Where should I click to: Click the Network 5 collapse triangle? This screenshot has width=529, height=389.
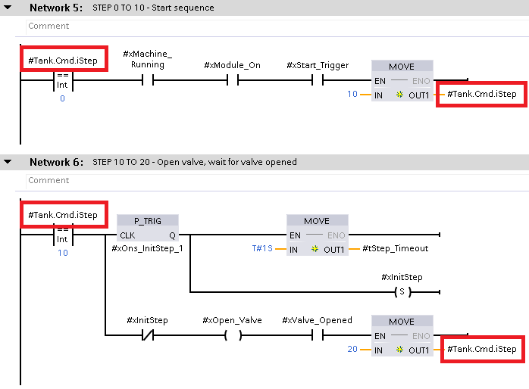pyautogui.click(x=8, y=8)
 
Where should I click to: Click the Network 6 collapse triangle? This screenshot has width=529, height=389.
pyautogui.click(x=8, y=162)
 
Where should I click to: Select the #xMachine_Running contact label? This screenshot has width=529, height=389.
pyautogui.click(x=148, y=59)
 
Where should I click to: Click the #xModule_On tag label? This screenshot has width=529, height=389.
pyautogui.click(x=232, y=65)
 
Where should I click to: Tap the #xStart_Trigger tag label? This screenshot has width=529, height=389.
pyautogui.click(x=318, y=65)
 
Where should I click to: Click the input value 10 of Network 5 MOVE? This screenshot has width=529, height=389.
pyautogui.click(x=352, y=95)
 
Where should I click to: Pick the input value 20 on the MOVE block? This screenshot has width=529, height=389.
pyautogui.click(x=352, y=350)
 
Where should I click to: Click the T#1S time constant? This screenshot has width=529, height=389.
pyautogui.click(x=263, y=248)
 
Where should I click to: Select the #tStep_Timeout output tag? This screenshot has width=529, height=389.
pyautogui.click(x=395, y=248)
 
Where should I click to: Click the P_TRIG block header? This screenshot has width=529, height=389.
pyautogui.click(x=148, y=221)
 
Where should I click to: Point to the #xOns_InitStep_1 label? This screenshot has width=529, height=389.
pyautogui.click(x=147, y=248)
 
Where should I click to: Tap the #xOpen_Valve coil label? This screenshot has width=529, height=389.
pyautogui.click(x=232, y=320)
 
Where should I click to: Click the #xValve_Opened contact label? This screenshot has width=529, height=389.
pyautogui.click(x=317, y=320)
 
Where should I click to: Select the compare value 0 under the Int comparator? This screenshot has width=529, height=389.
pyautogui.click(x=62, y=98)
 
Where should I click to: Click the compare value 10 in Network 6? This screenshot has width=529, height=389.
pyautogui.click(x=62, y=253)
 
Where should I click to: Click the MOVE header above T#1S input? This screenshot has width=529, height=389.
pyautogui.click(x=317, y=221)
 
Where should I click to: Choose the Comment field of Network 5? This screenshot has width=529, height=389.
pyautogui.click(x=49, y=26)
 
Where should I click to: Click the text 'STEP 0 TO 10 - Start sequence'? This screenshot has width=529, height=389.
pyautogui.click(x=153, y=8)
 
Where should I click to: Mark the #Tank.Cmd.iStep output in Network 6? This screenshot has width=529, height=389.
pyautogui.click(x=481, y=349)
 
